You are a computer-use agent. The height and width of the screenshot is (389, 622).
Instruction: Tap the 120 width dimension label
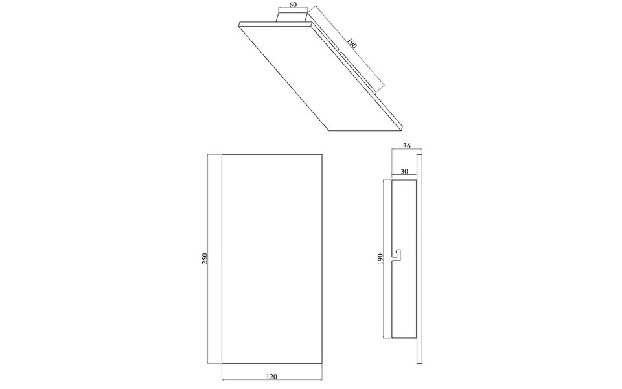[271, 375]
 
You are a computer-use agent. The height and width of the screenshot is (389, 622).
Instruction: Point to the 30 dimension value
[404, 172]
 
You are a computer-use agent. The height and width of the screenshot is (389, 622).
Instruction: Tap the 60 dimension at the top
[292, 5]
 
